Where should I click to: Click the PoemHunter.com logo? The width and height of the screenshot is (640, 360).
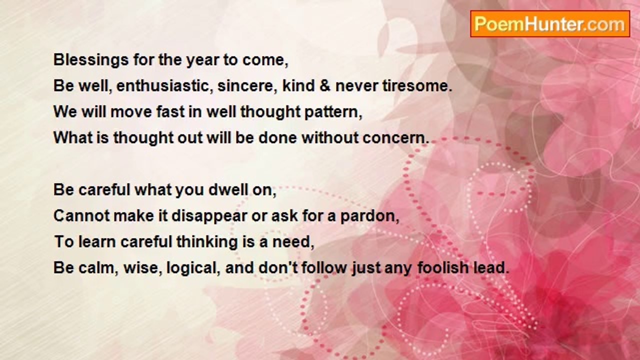(x=550, y=24)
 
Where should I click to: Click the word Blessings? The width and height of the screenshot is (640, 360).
(x=91, y=60)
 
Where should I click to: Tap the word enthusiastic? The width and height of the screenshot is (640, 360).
(x=163, y=85)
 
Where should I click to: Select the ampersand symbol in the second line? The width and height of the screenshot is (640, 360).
(x=325, y=85)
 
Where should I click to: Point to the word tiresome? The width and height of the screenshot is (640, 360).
(x=416, y=85)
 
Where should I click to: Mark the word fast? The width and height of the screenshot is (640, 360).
(x=170, y=111)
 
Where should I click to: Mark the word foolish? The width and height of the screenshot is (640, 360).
(x=443, y=267)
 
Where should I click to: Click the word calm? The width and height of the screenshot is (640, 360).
(x=95, y=268)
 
